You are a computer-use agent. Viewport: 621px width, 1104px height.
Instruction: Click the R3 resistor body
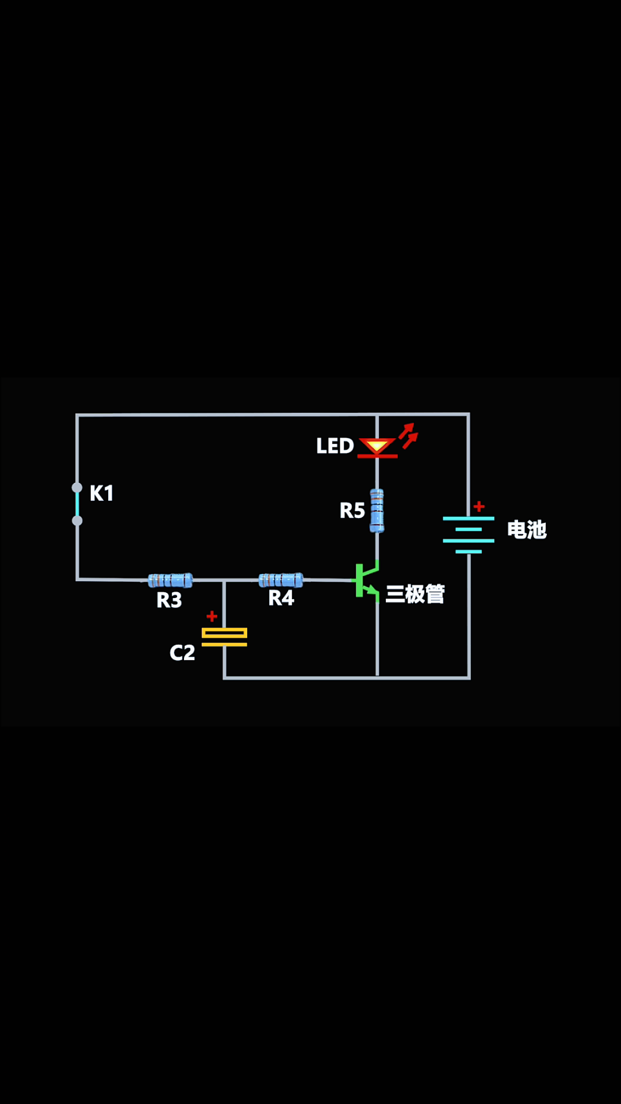pyautogui.click(x=170, y=580)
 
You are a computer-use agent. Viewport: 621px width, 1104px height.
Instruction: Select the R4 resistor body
pyautogui.click(x=281, y=580)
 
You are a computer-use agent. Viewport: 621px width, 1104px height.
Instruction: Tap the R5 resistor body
pyautogui.click(x=377, y=511)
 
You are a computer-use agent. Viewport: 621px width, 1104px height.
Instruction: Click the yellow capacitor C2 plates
pyautogui.click(x=224, y=637)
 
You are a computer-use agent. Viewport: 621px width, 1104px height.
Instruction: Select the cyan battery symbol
pyautogui.click(x=469, y=535)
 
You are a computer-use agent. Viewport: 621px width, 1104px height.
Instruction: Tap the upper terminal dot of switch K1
pyautogui.click(x=77, y=488)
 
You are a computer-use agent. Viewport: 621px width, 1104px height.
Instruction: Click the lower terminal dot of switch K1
pyautogui.click(x=77, y=520)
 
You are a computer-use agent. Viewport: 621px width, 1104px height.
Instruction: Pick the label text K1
pyautogui.click(x=101, y=493)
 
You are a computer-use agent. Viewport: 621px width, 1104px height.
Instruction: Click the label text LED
pyautogui.click(x=335, y=446)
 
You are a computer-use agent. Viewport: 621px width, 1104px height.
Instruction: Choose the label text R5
pyautogui.click(x=352, y=510)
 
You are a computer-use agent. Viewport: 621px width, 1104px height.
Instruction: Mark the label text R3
pyautogui.click(x=169, y=600)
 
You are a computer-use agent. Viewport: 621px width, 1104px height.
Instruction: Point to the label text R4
pyautogui.click(x=281, y=598)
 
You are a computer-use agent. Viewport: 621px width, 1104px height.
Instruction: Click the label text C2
pyautogui.click(x=182, y=653)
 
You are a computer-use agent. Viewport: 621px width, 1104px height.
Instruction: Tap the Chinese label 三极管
pyautogui.click(x=415, y=594)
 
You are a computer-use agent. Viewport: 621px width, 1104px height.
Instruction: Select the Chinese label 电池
pyautogui.click(x=527, y=530)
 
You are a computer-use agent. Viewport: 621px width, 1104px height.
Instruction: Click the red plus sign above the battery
pyautogui.click(x=479, y=507)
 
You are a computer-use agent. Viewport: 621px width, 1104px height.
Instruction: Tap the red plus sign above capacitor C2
pyautogui.click(x=212, y=616)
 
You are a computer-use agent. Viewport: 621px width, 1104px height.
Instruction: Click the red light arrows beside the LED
pyautogui.click(x=409, y=435)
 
